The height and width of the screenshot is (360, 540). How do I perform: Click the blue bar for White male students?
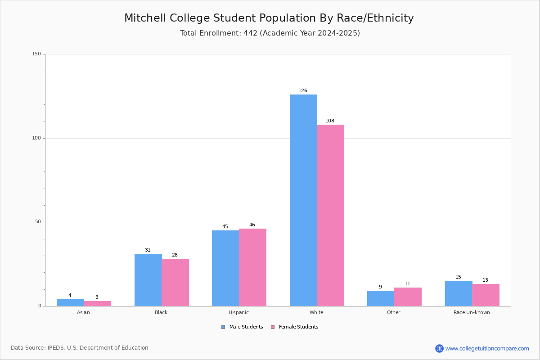pyautogui.click(x=303, y=200)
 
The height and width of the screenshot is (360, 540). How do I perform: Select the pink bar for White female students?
pyautogui.click(x=330, y=215)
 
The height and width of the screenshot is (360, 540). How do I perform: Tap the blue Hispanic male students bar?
pyautogui.click(x=225, y=268)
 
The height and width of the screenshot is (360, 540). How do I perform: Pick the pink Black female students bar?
pyautogui.click(x=175, y=282)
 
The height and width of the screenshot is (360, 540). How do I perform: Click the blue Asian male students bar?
pyautogui.click(x=70, y=302)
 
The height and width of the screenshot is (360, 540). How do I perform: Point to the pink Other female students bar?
pyautogui.click(x=408, y=297)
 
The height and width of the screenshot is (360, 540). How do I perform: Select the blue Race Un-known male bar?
pyautogui.click(x=459, y=293)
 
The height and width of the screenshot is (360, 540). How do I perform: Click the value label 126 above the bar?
pyautogui.click(x=303, y=90)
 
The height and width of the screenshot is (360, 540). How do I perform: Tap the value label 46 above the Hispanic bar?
pyautogui.click(x=252, y=225)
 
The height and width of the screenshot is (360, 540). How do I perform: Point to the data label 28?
pyautogui.click(x=175, y=255)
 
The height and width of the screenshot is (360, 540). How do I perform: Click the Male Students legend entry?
pyautogui.click(x=242, y=327)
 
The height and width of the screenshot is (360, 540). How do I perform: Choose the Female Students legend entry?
pyautogui.click(x=295, y=327)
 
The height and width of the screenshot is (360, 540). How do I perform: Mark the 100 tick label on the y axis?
pyautogui.click(x=36, y=138)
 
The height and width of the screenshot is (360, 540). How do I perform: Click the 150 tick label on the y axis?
pyautogui.click(x=36, y=54)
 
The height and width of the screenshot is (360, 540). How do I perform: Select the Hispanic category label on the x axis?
pyautogui.click(x=238, y=312)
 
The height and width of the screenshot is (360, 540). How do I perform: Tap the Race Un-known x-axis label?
pyautogui.click(x=472, y=312)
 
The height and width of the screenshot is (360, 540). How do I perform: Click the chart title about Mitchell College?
pyautogui.click(x=269, y=18)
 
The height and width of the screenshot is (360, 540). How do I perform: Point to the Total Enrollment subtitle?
pyautogui.click(x=270, y=33)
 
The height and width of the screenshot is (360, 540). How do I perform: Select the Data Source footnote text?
pyautogui.click(x=80, y=348)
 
